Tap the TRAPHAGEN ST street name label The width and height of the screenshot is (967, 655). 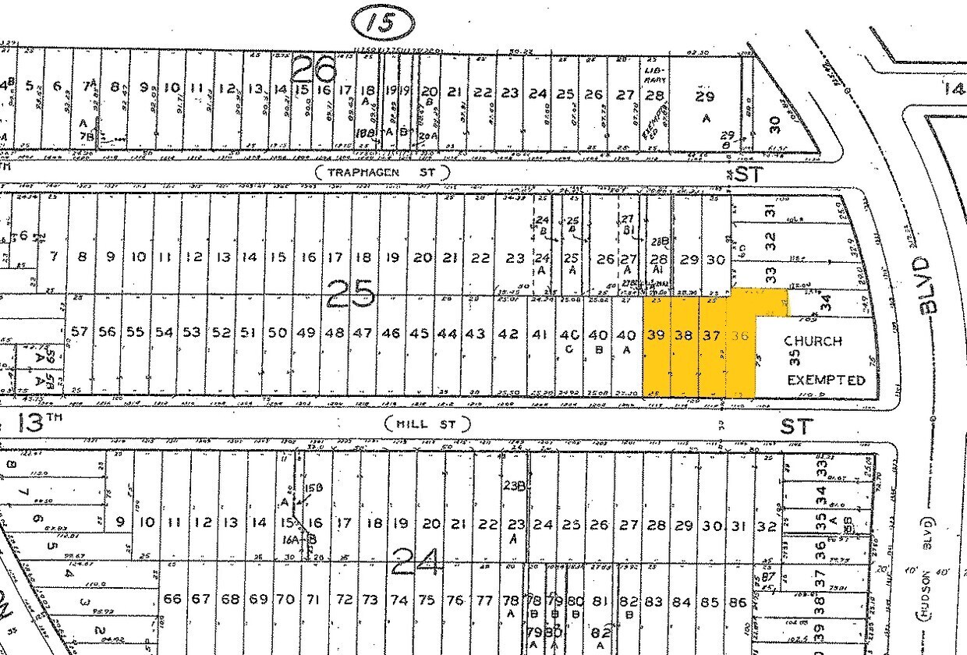(x=383, y=172)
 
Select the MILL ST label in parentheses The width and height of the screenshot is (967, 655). (x=428, y=424)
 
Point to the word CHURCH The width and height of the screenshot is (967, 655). (x=813, y=341)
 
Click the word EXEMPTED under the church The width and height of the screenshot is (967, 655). (x=826, y=381)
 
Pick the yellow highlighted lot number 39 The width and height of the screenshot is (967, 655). (x=656, y=335)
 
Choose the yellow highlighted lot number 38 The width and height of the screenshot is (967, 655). (x=684, y=335)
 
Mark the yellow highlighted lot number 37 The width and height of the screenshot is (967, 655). (x=711, y=335)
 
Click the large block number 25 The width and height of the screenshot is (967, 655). (x=350, y=293)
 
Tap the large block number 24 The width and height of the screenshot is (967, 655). (x=416, y=560)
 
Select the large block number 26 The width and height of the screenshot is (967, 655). (x=313, y=71)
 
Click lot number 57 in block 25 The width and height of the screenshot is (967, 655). (x=80, y=332)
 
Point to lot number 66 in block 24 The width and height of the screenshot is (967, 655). (x=172, y=599)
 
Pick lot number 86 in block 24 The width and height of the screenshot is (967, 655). (x=738, y=601)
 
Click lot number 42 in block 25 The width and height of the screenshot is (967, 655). (x=508, y=333)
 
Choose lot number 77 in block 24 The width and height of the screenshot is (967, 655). (x=484, y=600)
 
